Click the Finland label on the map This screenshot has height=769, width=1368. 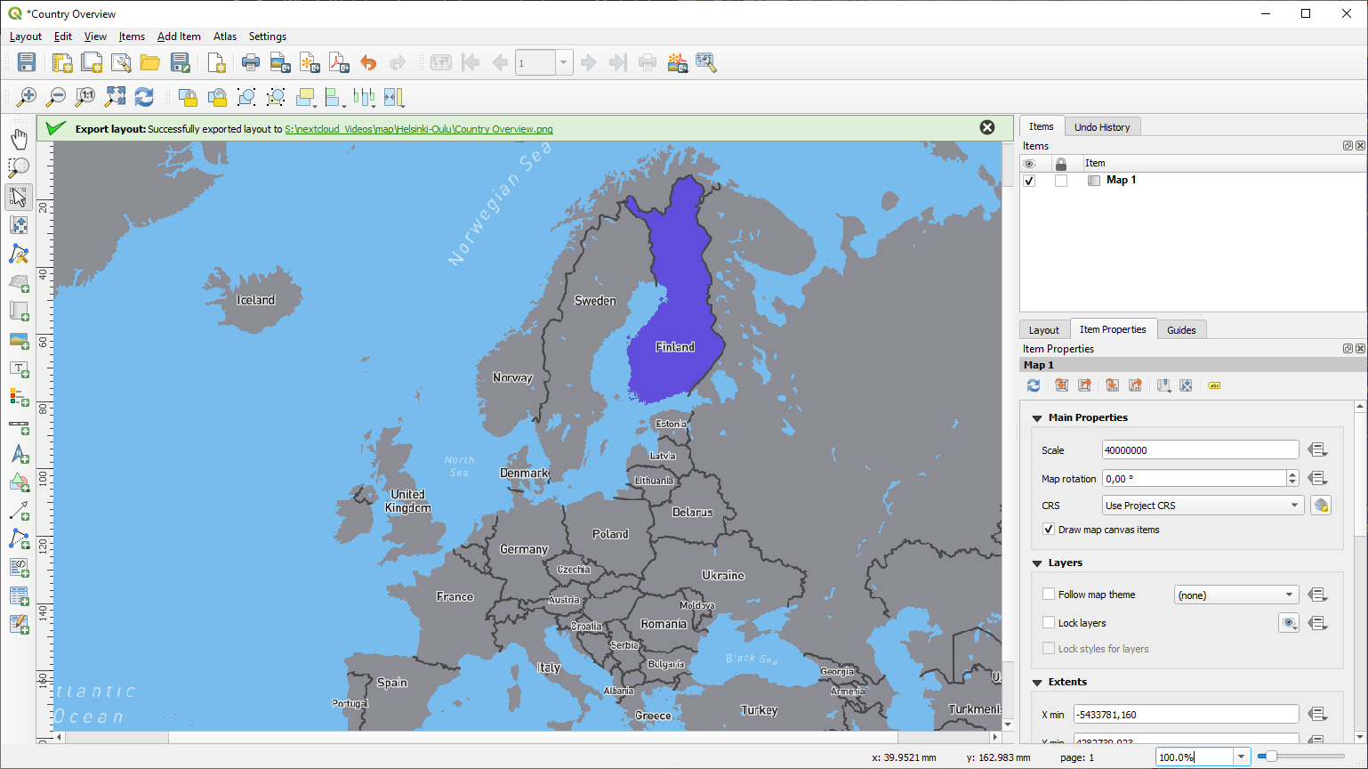tap(675, 347)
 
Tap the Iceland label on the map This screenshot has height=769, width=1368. tap(255, 300)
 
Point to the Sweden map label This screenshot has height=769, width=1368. tap(595, 301)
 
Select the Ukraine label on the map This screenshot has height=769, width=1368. tap(723, 575)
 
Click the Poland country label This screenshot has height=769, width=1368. tap(610, 534)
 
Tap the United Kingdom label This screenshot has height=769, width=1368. tap(407, 501)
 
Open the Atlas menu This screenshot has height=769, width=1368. tap(225, 36)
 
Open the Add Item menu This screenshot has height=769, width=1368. tap(179, 36)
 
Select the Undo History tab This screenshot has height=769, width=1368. tap(1101, 127)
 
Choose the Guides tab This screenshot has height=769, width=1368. tap(1181, 330)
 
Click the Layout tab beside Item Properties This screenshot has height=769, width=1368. tap(1043, 330)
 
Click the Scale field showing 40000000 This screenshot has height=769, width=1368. tap(1199, 450)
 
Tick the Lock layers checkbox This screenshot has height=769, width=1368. tap(1049, 623)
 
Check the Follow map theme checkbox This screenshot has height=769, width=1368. tap(1049, 595)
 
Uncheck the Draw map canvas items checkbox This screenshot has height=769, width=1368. tap(1049, 530)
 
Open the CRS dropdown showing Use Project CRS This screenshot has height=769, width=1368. tap(1203, 506)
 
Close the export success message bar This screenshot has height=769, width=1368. tap(987, 127)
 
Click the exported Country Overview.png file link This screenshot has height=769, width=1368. tap(418, 129)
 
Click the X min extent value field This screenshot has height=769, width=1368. tap(1185, 715)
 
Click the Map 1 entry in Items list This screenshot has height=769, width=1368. tap(1121, 180)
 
